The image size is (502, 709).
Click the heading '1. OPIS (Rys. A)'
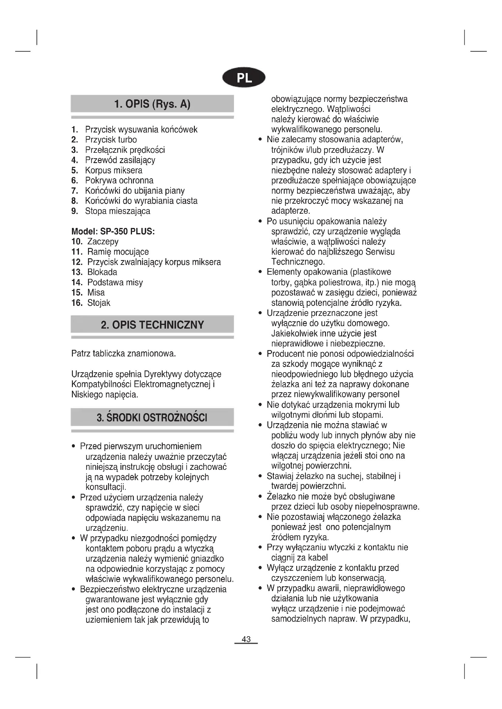click(152, 104)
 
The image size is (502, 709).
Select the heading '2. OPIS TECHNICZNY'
click(152, 325)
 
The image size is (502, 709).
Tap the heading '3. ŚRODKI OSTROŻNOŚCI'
click(152, 417)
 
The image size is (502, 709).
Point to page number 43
click(246, 639)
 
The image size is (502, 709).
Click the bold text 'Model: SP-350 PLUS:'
click(113, 231)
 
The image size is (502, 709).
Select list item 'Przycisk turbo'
click(111, 139)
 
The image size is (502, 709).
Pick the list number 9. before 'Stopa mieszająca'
click(74, 211)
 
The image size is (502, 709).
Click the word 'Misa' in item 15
click(96, 293)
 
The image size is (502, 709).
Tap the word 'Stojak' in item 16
click(99, 303)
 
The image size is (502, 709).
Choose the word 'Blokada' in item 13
click(102, 272)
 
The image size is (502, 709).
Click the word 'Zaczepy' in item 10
click(103, 242)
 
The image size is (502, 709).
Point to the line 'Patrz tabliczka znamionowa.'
click(124, 353)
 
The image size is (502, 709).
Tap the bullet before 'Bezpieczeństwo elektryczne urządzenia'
click(73, 590)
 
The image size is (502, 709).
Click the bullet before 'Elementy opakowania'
click(260, 272)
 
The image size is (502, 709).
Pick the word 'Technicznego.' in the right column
click(298, 262)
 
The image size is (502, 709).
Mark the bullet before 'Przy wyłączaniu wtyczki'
click(260, 547)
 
